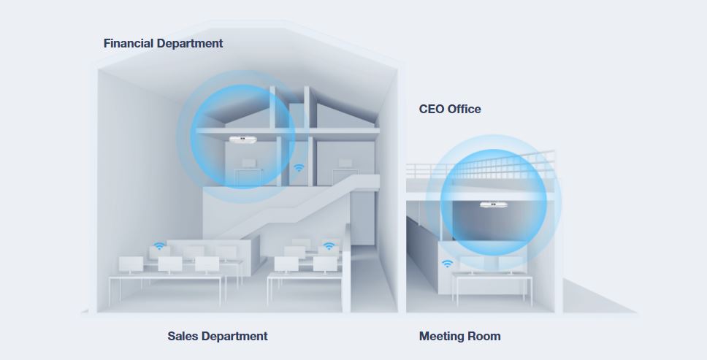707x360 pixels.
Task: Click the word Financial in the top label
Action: (129, 43)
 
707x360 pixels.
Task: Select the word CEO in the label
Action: (430, 109)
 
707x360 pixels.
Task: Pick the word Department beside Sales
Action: (234, 337)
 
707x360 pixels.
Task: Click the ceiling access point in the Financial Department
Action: (242, 139)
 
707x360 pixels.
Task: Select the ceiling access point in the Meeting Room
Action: (494, 204)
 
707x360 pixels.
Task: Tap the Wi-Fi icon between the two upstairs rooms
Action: (299, 168)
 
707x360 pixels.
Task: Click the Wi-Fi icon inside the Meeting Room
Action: (447, 264)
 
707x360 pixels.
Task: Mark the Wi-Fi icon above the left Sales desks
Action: (159, 246)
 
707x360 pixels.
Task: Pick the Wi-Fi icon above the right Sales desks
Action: (329, 246)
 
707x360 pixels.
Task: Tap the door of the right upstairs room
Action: (345, 177)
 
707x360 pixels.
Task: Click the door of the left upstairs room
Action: (248, 176)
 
